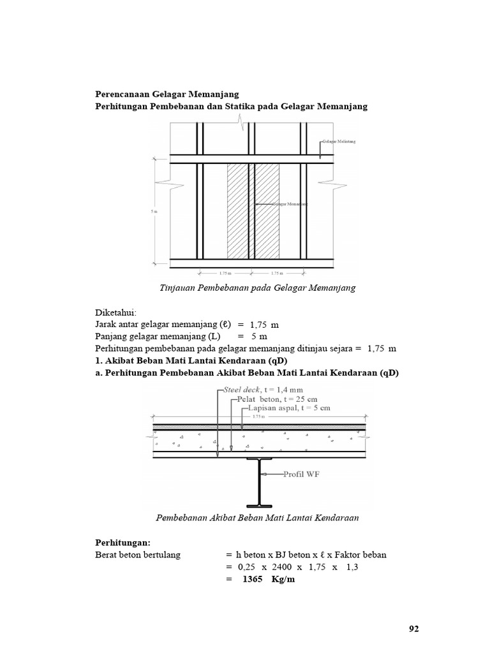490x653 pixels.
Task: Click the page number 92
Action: coord(413,629)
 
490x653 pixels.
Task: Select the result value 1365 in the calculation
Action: coord(253,580)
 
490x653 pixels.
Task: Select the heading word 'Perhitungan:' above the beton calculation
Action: coord(122,542)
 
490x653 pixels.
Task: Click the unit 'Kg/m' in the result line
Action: coord(284,580)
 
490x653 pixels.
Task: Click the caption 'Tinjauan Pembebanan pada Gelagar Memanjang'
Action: coord(257,288)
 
